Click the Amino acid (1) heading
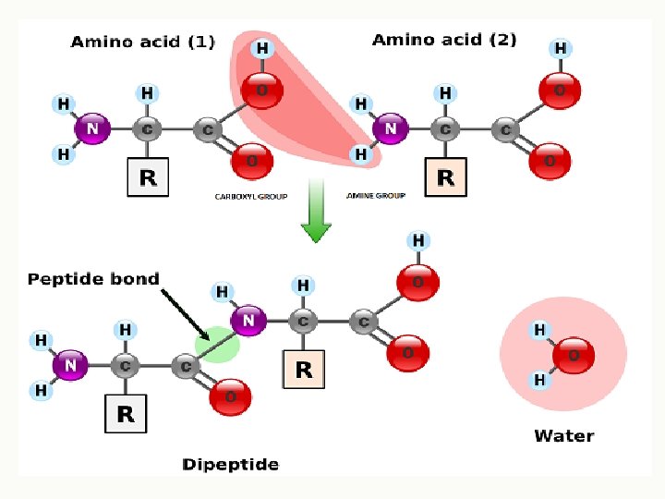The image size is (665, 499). pyautogui.click(x=142, y=42)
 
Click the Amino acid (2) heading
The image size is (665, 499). pyautogui.click(x=444, y=40)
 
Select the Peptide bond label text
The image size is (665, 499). pyautogui.click(x=93, y=278)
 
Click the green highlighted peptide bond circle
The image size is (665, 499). pyautogui.click(x=216, y=346)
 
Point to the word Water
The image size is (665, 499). pyautogui.click(x=563, y=435)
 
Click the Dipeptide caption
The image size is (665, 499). pyautogui.click(x=230, y=464)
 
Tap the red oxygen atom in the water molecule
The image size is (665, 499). pyautogui.click(x=573, y=354)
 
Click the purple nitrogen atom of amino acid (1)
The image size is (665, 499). pyautogui.click(x=91, y=129)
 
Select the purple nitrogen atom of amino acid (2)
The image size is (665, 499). pyautogui.click(x=391, y=129)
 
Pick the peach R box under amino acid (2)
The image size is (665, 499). pyautogui.click(x=445, y=177)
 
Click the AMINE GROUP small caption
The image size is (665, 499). pyautogui.click(x=376, y=197)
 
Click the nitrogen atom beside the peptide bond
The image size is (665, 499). pyautogui.click(x=248, y=322)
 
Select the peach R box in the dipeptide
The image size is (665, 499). pyautogui.click(x=303, y=370)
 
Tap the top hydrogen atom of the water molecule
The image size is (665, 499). pyautogui.click(x=540, y=330)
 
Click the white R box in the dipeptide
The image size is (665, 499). pyautogui.click(x=126, y=415)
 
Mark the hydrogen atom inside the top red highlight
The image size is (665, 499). pyautogui.click(x=262, y=48)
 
